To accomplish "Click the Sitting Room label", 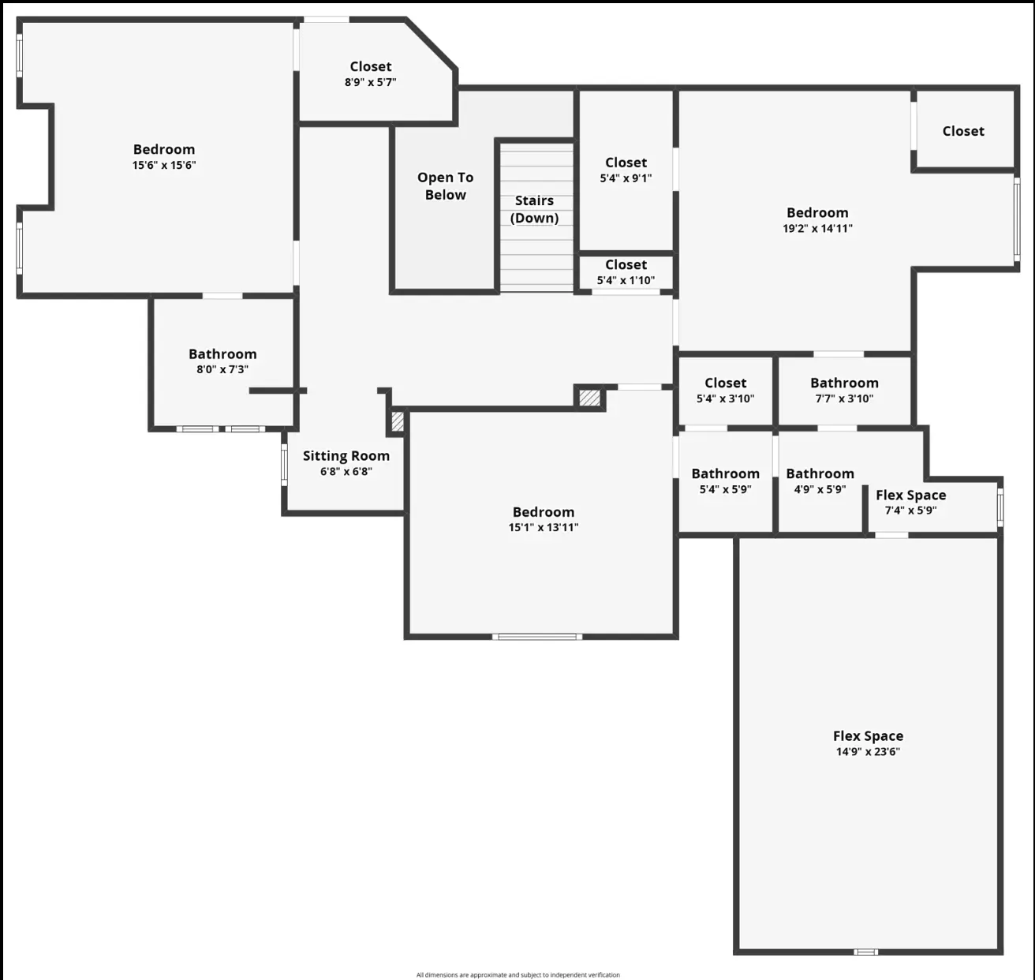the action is click(346, 455).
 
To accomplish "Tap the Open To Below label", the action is click(446, 186).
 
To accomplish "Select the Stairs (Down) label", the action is click(534, 209).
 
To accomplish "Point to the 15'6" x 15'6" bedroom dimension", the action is click(164, 165).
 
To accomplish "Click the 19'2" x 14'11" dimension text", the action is click(817, 228).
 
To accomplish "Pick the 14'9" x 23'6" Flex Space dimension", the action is click(868, 751).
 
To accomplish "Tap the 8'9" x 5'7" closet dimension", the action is click(371, 82).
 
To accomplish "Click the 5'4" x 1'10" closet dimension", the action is click(626, 280).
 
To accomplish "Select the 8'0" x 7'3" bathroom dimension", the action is click(222, 369).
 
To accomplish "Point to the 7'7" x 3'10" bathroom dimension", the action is click(844, 398).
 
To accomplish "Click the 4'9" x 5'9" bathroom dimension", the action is click(820, 489).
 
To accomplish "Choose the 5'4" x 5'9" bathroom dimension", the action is click(726, 489).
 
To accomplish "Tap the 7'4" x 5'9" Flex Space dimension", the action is click(911, 511).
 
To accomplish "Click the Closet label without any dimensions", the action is click(963, 131).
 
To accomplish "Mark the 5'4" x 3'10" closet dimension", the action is click(726, 398).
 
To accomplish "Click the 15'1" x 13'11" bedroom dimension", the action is click(544, 527).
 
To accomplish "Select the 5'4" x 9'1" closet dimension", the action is click(626, 178).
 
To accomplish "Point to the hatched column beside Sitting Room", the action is click(398, 421).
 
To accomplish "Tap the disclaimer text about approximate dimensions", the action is click(518, 974).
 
